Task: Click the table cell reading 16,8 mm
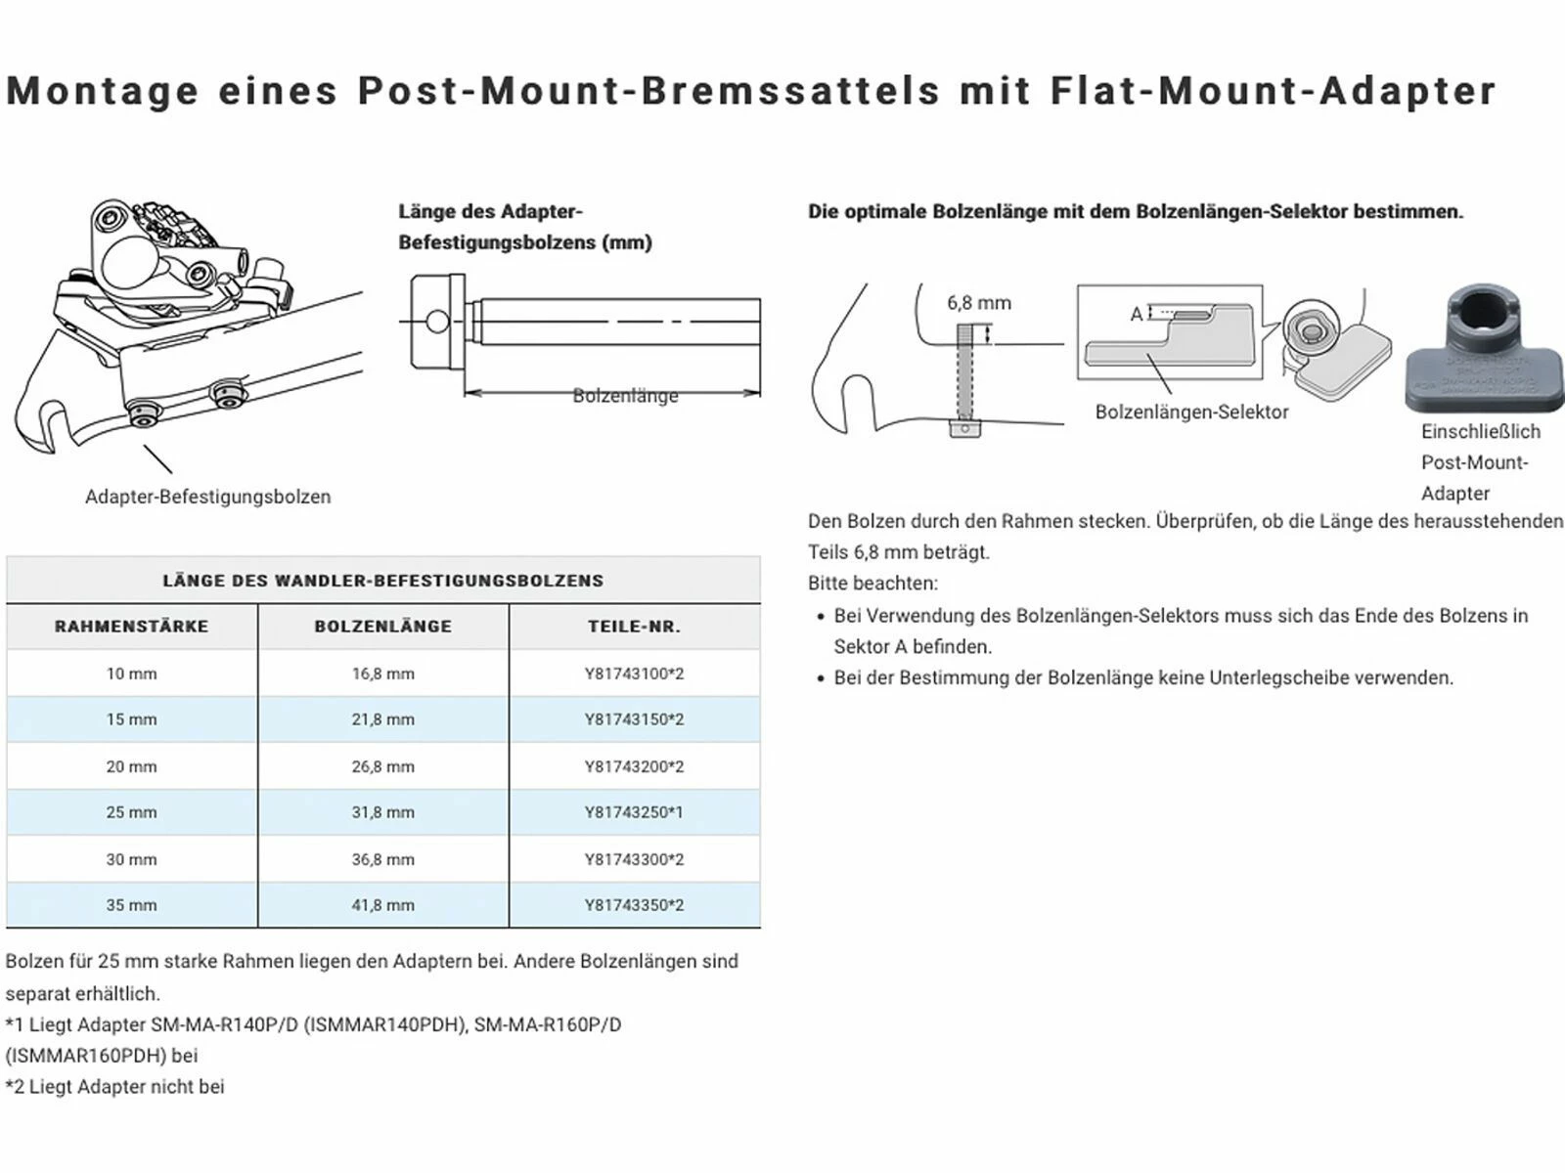(382, 673)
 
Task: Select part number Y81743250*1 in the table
(634, 812)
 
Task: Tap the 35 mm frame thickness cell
(131, 905)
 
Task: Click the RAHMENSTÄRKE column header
(131, 627)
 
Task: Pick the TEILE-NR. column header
(634, 627)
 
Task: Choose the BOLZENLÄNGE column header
(382, 627)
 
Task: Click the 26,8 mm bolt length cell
(382, 766)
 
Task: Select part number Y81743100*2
(634, 673)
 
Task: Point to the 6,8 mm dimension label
(978, 303)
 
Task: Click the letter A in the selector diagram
(1136, 314)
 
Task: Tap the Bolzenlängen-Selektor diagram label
(1191, 413)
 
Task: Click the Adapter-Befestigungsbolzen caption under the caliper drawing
(207, 497)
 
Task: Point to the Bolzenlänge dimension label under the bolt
(625, 396)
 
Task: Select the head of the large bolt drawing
(436, 320)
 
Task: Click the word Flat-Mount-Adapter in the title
(1274, 90)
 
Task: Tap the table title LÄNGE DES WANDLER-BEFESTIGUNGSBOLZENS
(382, 581)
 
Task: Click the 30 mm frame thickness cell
(131, 859)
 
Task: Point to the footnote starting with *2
(115, 1086)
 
